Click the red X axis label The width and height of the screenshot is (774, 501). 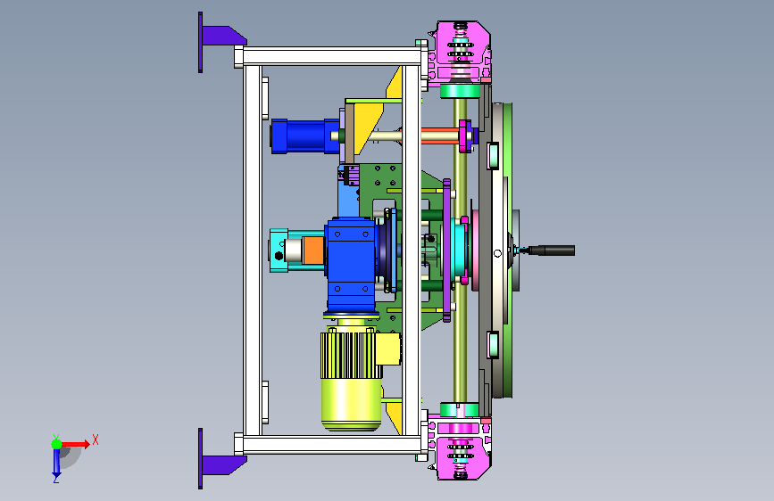pos(96,439)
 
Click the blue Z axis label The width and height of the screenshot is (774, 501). pos(56,479)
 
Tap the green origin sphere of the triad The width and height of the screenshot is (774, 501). pos(57,444)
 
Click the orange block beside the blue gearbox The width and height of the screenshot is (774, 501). pos(313,250)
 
